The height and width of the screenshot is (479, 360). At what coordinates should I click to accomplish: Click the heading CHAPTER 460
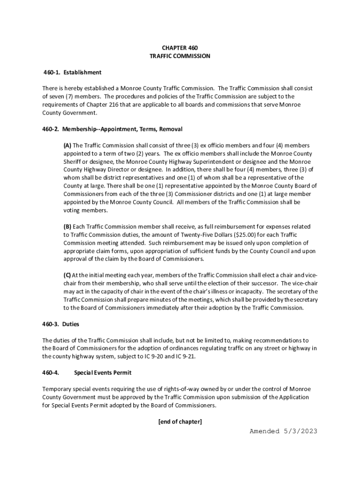coord(180,48)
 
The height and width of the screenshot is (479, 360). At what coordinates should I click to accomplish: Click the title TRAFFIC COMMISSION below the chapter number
coord(180,56)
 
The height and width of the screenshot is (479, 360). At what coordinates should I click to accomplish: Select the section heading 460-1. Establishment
coord(72,73)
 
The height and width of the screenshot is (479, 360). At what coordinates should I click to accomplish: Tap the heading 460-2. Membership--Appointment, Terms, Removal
coord(112,129)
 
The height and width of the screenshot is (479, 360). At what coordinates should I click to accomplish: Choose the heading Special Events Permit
coord(102,373)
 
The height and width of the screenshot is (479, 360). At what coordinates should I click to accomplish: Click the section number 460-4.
coord(50,373)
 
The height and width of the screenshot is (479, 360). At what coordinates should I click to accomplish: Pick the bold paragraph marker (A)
coord(68,145)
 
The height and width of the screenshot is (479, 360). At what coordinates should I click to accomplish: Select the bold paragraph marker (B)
coord(68,227)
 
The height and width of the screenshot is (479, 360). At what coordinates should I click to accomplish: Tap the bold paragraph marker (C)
coord(68,275)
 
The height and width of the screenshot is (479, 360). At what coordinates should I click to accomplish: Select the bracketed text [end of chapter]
coord(180,422)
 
